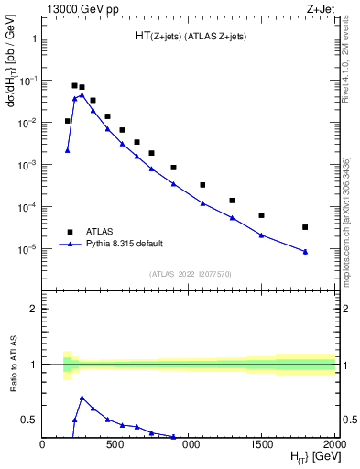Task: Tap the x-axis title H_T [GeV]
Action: coord(312,457)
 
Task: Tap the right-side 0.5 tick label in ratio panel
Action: coord(349,420)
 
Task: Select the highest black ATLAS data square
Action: coord(74,85)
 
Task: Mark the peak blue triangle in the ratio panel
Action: coord(82,398)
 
